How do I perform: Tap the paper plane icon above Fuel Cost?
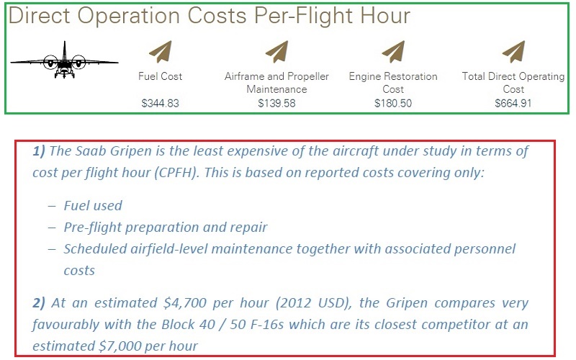[x=161, y=52]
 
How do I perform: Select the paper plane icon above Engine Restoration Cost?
[x=393, y=52]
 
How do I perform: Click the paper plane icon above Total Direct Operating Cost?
[x=513, y=52]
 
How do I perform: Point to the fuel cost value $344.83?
[x=160, y=103]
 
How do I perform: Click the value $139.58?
[x=276, y=103]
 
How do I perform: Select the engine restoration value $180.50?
[x=393, y=103]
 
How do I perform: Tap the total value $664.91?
[x=513, y=103]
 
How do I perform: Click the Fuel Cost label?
[x=160, y=76]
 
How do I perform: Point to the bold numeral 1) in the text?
[x=39, y=151]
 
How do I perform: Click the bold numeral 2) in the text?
[x=39, y=303]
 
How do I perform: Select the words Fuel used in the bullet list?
[x=93, y=205]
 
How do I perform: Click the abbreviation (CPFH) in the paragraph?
[x=176, y=173]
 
